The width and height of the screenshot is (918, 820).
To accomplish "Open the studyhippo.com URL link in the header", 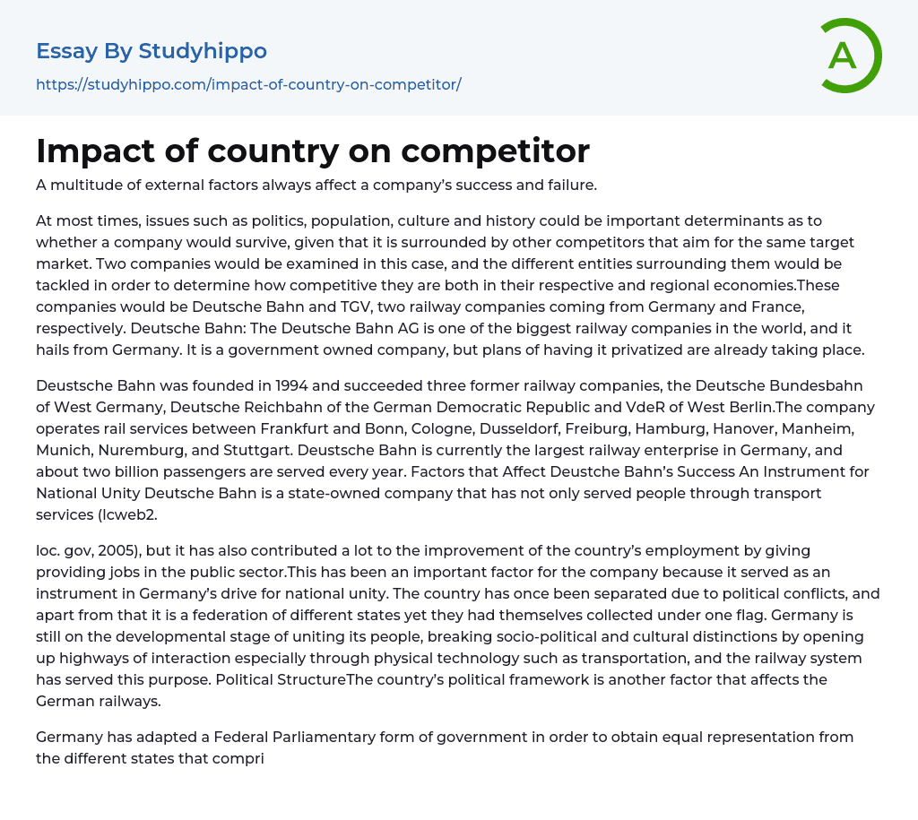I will click(248, 85).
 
